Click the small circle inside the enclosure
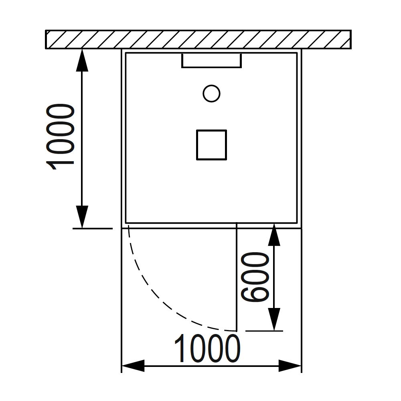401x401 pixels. (211, 94)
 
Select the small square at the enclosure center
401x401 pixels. (211, 145)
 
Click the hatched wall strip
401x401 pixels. (198, 39)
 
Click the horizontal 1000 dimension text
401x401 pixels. (208, 349)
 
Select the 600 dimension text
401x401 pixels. (255, 277)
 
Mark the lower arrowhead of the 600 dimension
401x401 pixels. (274, 320)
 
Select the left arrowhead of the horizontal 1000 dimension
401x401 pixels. (133, 366)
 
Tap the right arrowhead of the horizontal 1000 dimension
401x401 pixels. (290, 366)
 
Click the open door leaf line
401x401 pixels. (237, 277)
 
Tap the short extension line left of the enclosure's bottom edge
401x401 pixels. (93, 228)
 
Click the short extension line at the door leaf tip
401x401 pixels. (265, 331)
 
